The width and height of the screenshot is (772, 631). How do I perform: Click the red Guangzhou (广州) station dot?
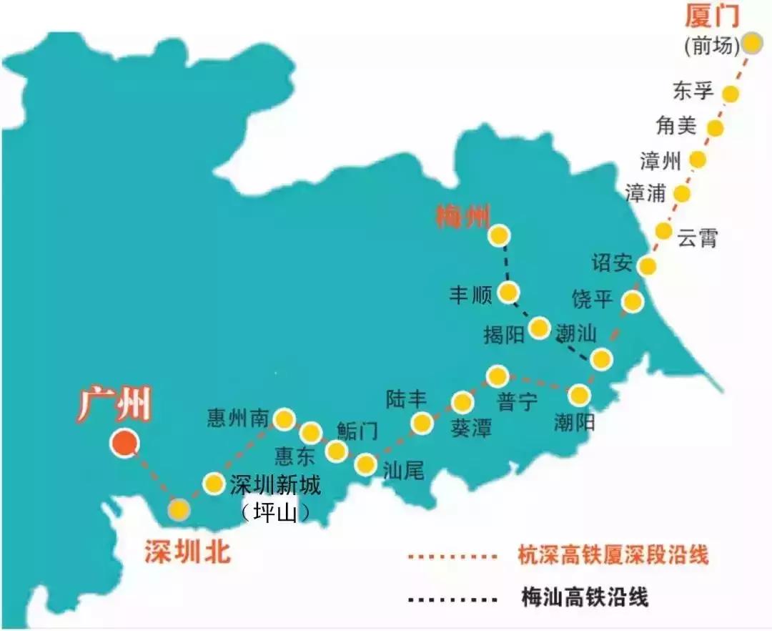coord(124,444)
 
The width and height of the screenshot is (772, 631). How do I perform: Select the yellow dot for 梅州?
coord(498,235)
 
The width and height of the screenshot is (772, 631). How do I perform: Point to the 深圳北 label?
coord(188,551)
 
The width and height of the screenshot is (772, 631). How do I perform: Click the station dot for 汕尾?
coord(366,465)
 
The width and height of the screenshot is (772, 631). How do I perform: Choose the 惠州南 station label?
coord(239,417)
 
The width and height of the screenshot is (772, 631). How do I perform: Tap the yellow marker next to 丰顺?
coord(508,292)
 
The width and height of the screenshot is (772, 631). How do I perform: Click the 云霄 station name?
coord(697,239)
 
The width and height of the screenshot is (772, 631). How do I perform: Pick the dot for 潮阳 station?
coord(579,394)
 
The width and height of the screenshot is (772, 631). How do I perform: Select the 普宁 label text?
coord(517,402)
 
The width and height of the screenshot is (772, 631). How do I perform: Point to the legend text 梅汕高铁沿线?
coord(585,597)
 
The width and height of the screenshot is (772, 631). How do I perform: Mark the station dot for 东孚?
coord(731,93)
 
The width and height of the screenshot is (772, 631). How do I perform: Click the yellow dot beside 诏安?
coord(647,266)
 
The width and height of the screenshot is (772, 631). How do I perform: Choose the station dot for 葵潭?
coord(462,403)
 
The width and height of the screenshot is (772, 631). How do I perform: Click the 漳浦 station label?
coord(645,193)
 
